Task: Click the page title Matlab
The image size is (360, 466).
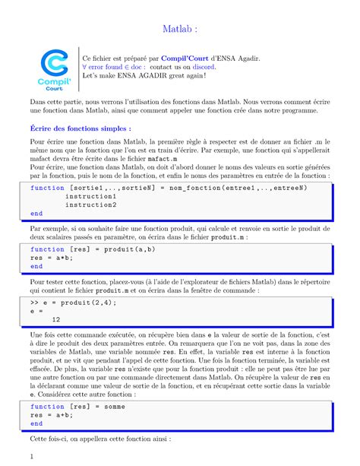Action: pos(179,29)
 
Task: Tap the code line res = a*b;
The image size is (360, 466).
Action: pos(49,258)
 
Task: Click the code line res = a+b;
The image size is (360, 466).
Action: pos(49,415)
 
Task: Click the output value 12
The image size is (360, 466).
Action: pos(56,319)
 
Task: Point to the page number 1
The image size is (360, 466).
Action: pos(31,456)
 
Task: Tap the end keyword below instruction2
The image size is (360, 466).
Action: pos(36,214)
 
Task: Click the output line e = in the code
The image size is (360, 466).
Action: pos(36,310)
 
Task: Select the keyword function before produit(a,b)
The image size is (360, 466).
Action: pos(47,249)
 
